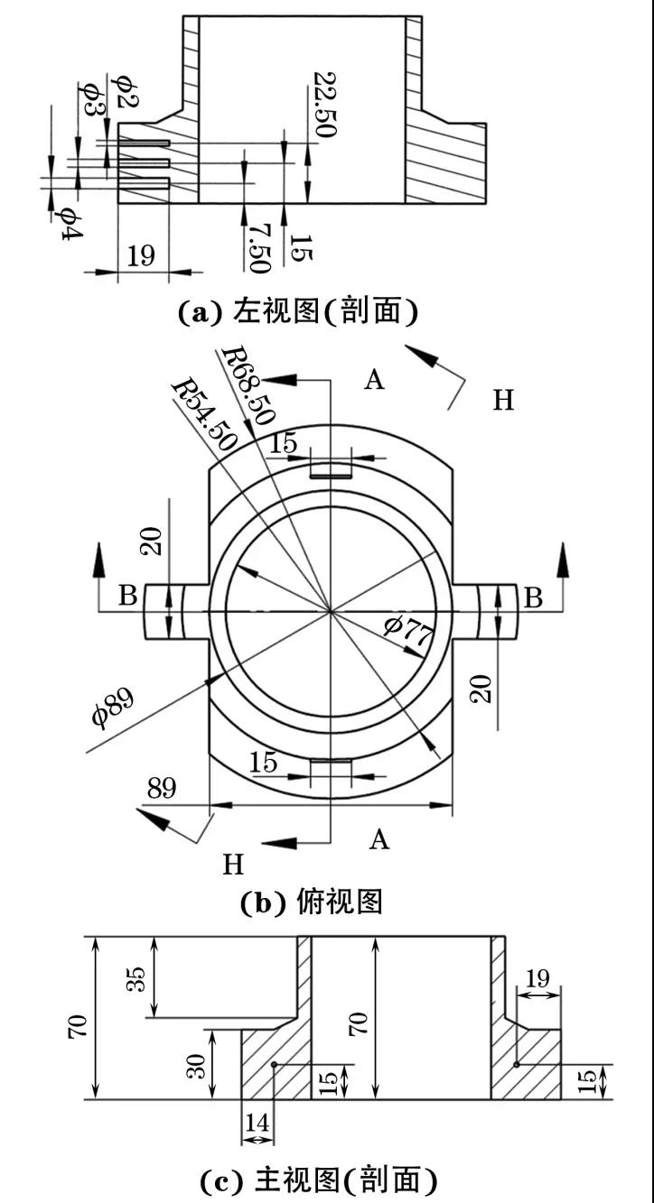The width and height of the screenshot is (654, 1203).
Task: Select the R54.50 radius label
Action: tap(204, 416)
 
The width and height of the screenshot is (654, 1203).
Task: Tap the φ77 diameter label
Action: tap(408, 632)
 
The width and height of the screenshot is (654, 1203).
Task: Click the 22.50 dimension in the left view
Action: tap(324, 104)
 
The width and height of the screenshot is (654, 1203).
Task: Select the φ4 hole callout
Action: tap(67, 223)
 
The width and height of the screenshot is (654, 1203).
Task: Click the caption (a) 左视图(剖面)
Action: tap(298, 311)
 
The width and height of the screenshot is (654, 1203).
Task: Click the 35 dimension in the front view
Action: tap(136, 979)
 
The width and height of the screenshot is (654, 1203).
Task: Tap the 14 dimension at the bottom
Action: tap(257, 1122)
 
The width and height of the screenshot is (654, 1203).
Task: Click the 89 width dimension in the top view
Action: tap(162, 788)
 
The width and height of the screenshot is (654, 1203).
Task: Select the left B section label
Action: tap(128, 595)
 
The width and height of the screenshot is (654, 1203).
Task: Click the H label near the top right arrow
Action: tap(503, 400)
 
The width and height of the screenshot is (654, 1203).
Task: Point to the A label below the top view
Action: tap(378, 839)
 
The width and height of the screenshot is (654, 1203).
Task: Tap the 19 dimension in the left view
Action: tap(141, 255)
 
